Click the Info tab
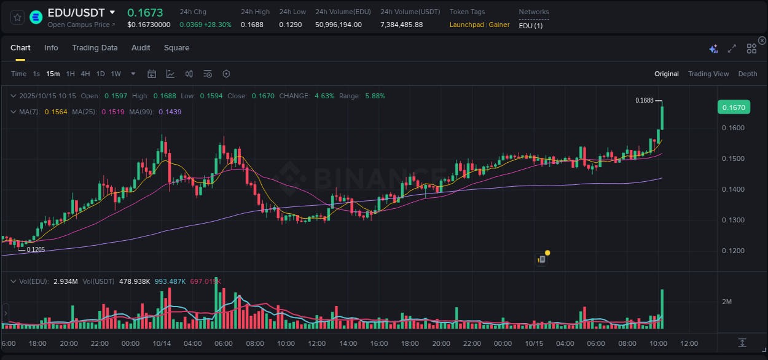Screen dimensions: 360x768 point(51,48)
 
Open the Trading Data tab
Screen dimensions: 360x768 point(95,48)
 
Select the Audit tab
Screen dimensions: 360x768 point(141,48)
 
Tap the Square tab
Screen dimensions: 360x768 point(176,48)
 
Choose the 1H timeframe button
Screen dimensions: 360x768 point(70,74)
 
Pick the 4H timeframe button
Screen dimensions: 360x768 point(85,74)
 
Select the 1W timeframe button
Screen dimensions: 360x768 point(116,74)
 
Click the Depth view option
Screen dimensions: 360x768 point(747,74)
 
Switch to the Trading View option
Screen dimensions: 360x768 point(708,74)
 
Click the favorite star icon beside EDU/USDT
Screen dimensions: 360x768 point(18,17)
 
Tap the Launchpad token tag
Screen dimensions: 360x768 point(467,25)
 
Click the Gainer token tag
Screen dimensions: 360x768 point(499,25)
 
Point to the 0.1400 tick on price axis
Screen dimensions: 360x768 point(732,189)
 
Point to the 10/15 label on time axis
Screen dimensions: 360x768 point(534,343)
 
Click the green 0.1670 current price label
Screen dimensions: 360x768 point(733,108)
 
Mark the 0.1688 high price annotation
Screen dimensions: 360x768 point(644,100)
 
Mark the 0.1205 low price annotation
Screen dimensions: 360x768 point(36,249)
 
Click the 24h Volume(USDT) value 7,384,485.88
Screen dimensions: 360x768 point(401,25)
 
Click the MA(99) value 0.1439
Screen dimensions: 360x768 point(170,112)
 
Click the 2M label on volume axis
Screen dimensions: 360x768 point(726,302)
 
